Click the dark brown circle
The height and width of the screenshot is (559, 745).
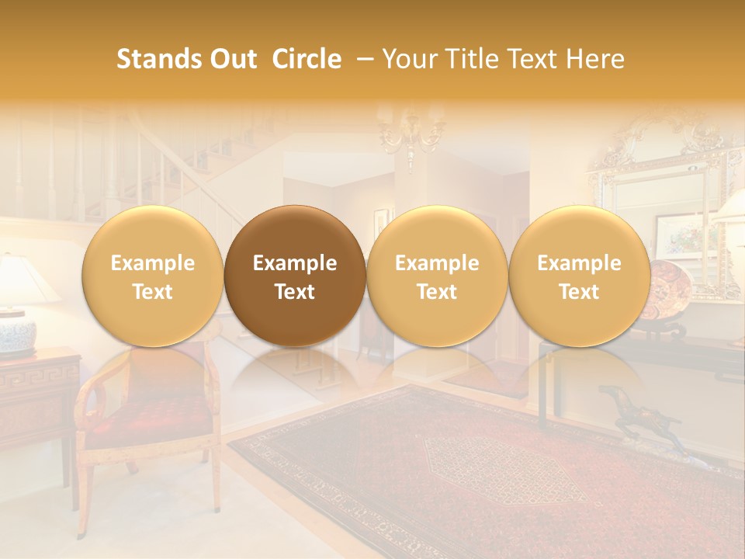click(x=295, y=276)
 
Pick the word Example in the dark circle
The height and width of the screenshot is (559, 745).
click(x=295, y=263)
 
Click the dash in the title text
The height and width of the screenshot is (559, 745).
click(x=362, y=59)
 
